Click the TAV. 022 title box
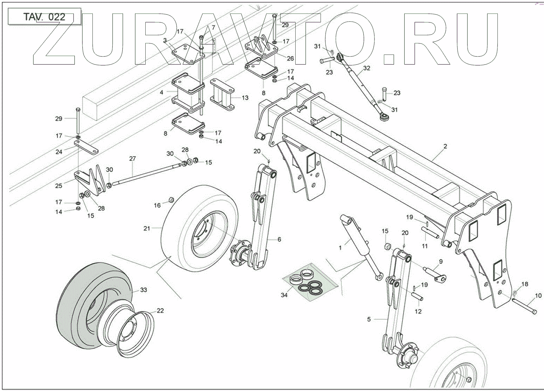(44, 17)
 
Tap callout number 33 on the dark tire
(143, 290)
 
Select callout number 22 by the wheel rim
(160, 311)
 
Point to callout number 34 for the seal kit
(284, 295)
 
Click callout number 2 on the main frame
(445, 146)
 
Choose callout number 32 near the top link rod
(367, 68)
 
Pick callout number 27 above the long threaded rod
(132, 159)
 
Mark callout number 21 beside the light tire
(147, 228)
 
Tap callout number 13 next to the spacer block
(245, 98)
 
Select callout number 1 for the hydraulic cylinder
(340, 248)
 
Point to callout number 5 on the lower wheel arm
(369, 319)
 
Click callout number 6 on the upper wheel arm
(279, 239)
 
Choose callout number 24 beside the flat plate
(59, 152)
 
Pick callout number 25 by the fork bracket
(59, 186)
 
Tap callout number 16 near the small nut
(157, 205)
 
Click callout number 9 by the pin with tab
(441, 262)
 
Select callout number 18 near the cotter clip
(524, 284)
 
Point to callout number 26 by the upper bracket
(290, 59)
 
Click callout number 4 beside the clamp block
(161, 92)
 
